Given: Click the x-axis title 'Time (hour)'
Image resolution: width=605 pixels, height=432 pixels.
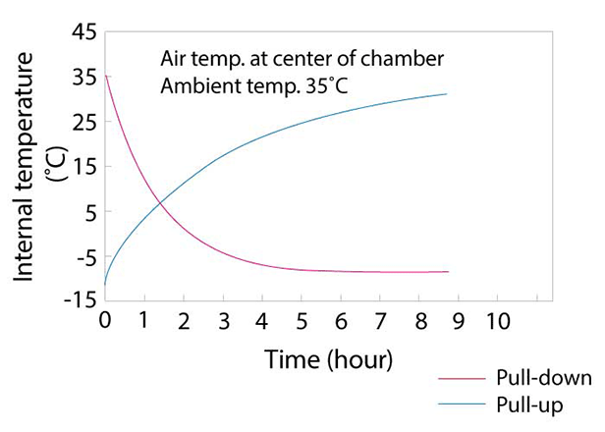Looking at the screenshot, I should [x=329, y=359].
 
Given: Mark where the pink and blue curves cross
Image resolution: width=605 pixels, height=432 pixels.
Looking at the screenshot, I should [x=160, y=203].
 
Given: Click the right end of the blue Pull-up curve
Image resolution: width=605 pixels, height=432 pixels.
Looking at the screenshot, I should [x=447, y=94].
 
